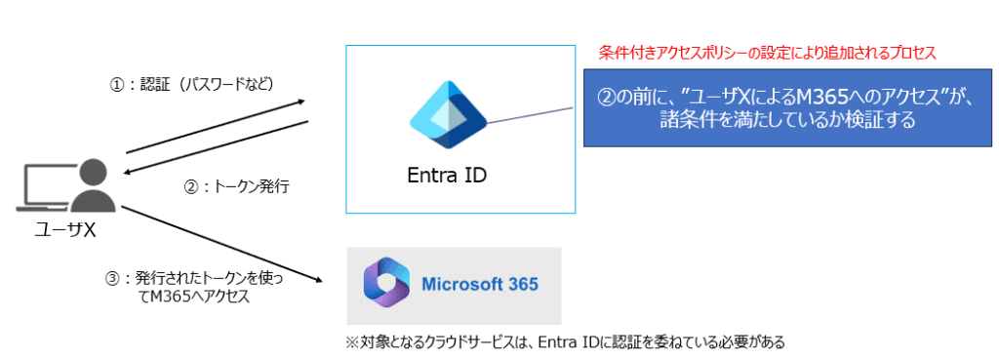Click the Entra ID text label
click(447, 175)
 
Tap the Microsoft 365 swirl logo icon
click(384, 286)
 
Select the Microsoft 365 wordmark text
click(480, 284)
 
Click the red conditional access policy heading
click(767, 54)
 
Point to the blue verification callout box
click(787, 107)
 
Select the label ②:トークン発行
click(236, 187)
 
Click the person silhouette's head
click(95, 173)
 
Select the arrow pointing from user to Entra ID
click(216, 127)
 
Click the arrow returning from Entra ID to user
click(217, 146)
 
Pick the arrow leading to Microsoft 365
click(219, 244)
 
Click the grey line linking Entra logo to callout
click(530, 114)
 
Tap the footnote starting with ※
click(565, 342)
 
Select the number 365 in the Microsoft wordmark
click(522, 284)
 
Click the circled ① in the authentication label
click(117, 86)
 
